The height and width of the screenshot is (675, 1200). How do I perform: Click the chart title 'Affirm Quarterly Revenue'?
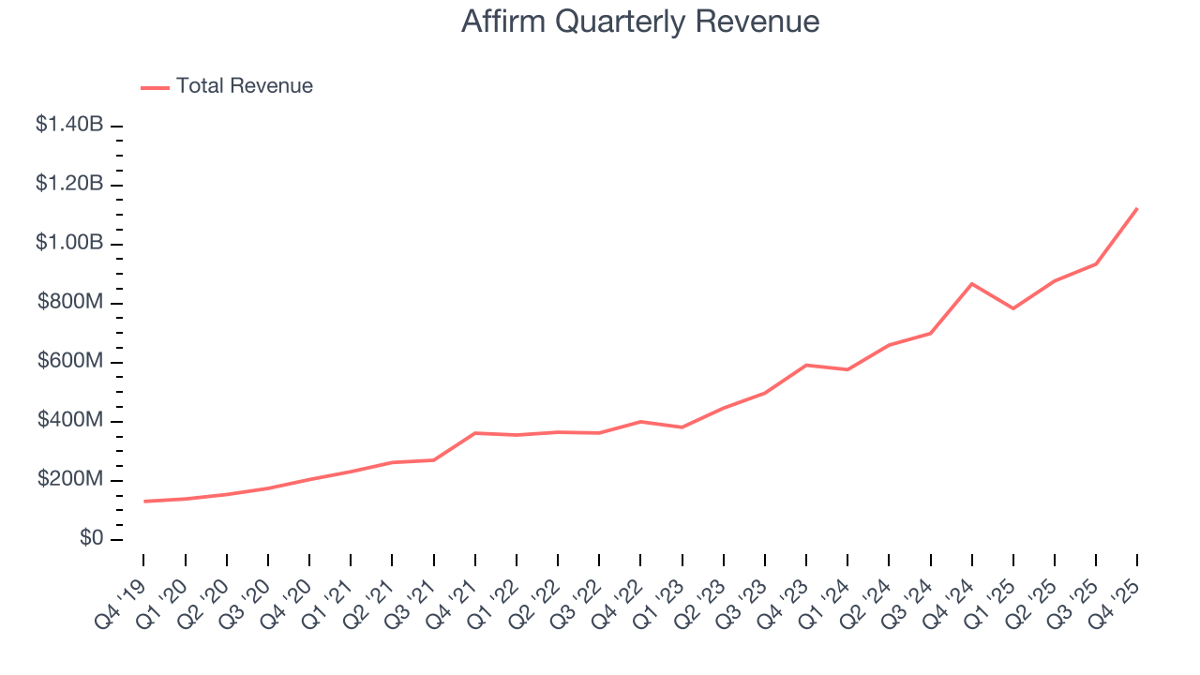[x=640, y=22]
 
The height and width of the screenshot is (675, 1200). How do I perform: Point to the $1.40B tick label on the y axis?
[x=69, y=125]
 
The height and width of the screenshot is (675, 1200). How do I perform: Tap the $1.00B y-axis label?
[x=69, y=243]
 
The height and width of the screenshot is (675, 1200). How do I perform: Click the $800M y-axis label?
[x=70, y=302]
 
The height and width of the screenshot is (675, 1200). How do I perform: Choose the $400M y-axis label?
[x=70, y=420]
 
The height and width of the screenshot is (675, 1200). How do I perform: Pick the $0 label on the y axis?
[x=91, y=539]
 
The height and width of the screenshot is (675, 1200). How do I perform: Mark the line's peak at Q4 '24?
[x=972, y=283]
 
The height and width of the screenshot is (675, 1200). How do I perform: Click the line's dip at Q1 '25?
[x=1013, y=308]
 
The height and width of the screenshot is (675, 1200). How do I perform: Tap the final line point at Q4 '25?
[x=1137, y=208]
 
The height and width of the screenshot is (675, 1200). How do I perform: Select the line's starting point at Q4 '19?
[x=144, y=502]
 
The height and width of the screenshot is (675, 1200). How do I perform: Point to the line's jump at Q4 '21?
[x=475, y=433]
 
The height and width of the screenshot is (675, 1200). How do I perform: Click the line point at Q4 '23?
[x=806, y=365]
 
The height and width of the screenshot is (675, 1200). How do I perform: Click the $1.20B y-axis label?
[x=69, y=184]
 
